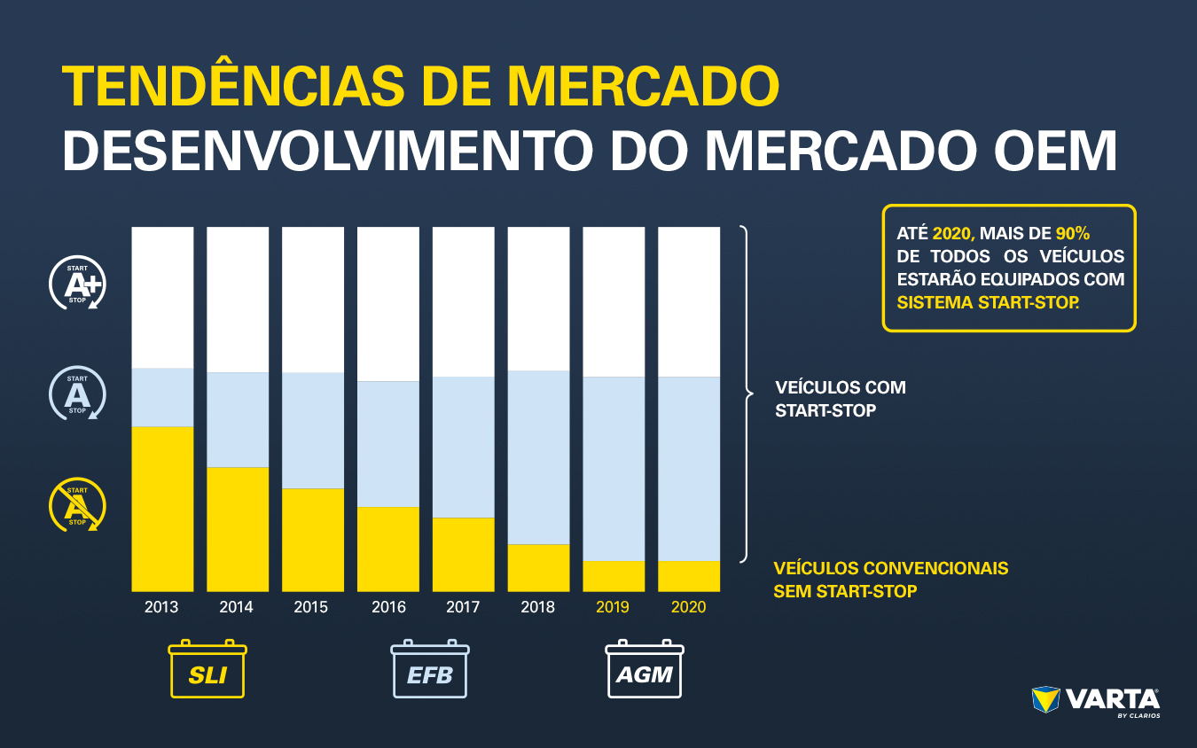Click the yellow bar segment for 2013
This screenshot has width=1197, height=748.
tap(162, 509)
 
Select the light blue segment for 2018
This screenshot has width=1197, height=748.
tap(538, 457)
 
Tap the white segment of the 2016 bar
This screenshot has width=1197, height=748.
tap(388, 304)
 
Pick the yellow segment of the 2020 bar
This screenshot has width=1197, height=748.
tap(689, 576)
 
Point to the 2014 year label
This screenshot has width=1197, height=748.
tap(236, 607)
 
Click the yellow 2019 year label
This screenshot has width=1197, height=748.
tap(613, 607)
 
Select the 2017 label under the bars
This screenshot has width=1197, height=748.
tap(463, 607)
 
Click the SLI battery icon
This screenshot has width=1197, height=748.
tap(207, 670)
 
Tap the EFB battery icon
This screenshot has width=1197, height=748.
tap(430, 670)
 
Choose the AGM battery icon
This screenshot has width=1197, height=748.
tap(645, 670)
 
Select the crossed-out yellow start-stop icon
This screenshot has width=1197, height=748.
tap(77, 506)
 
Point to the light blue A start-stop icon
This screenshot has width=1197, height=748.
tap(77, 393)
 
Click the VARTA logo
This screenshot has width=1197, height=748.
tap(1097, 701)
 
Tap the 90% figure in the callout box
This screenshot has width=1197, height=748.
tap(1072, 233)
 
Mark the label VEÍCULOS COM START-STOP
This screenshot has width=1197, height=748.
tap(840, 399)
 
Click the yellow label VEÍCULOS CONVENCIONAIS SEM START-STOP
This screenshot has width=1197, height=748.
tap(890, 579)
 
